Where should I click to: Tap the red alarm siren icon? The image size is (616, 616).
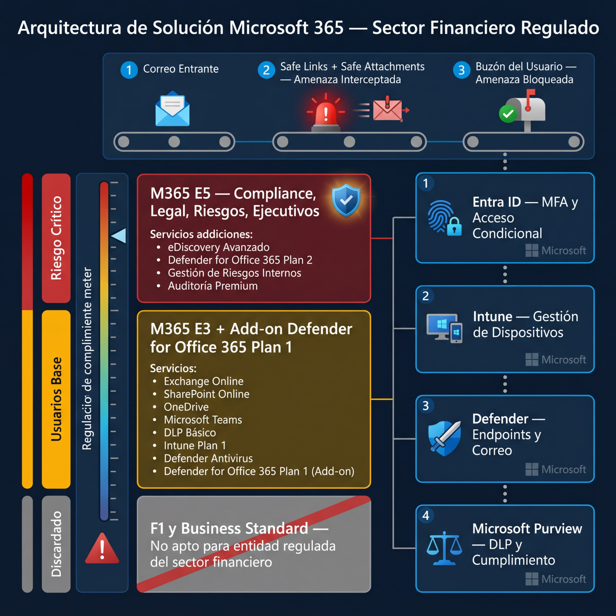tap(325, 114)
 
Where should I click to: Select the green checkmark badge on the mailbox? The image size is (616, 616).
tap(508, 113)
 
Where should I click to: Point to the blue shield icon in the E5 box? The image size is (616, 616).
tap(346, 200)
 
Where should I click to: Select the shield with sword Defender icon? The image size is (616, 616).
tap(445, 438)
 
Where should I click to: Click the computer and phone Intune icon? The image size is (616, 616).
tap(444, 328)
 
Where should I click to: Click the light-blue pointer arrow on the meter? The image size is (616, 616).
tap(119, 236)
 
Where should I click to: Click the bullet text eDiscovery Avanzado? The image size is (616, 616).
tap(218, 247)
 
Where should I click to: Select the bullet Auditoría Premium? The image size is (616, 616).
tap(213, 286)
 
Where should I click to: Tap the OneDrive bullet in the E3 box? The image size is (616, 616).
tap(186, 407)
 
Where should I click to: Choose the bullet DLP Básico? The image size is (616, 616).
tap(190, 433)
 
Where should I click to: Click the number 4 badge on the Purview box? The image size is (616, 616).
tap(426, 516)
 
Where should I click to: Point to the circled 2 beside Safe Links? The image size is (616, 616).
tap(266, 70)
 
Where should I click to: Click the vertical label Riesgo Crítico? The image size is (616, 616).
tap(56, 238)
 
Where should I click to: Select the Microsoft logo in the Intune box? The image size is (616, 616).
tap(531, 360)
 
